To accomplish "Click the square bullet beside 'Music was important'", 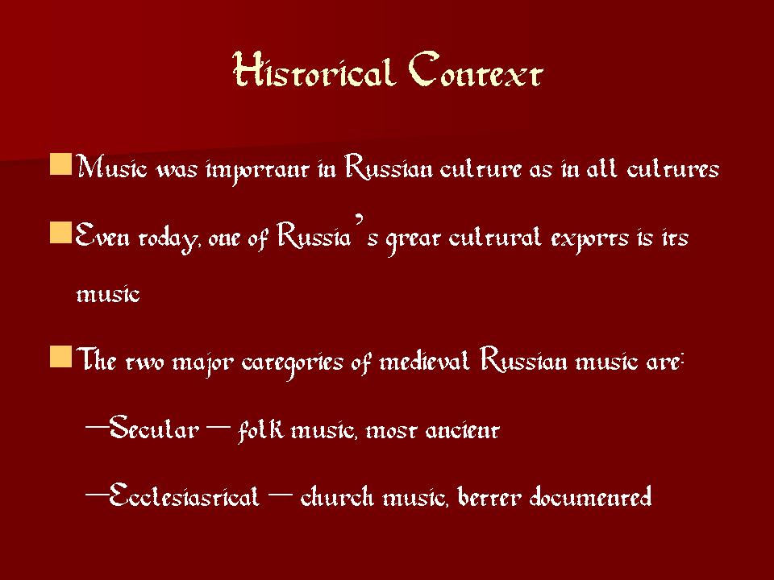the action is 60,164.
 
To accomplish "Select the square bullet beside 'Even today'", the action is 60,232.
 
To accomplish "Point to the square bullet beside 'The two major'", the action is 60,356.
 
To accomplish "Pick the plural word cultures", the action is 672,168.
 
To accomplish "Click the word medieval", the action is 424,360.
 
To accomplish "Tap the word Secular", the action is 154,427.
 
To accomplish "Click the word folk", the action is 260,429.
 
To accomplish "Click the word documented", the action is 590,495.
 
